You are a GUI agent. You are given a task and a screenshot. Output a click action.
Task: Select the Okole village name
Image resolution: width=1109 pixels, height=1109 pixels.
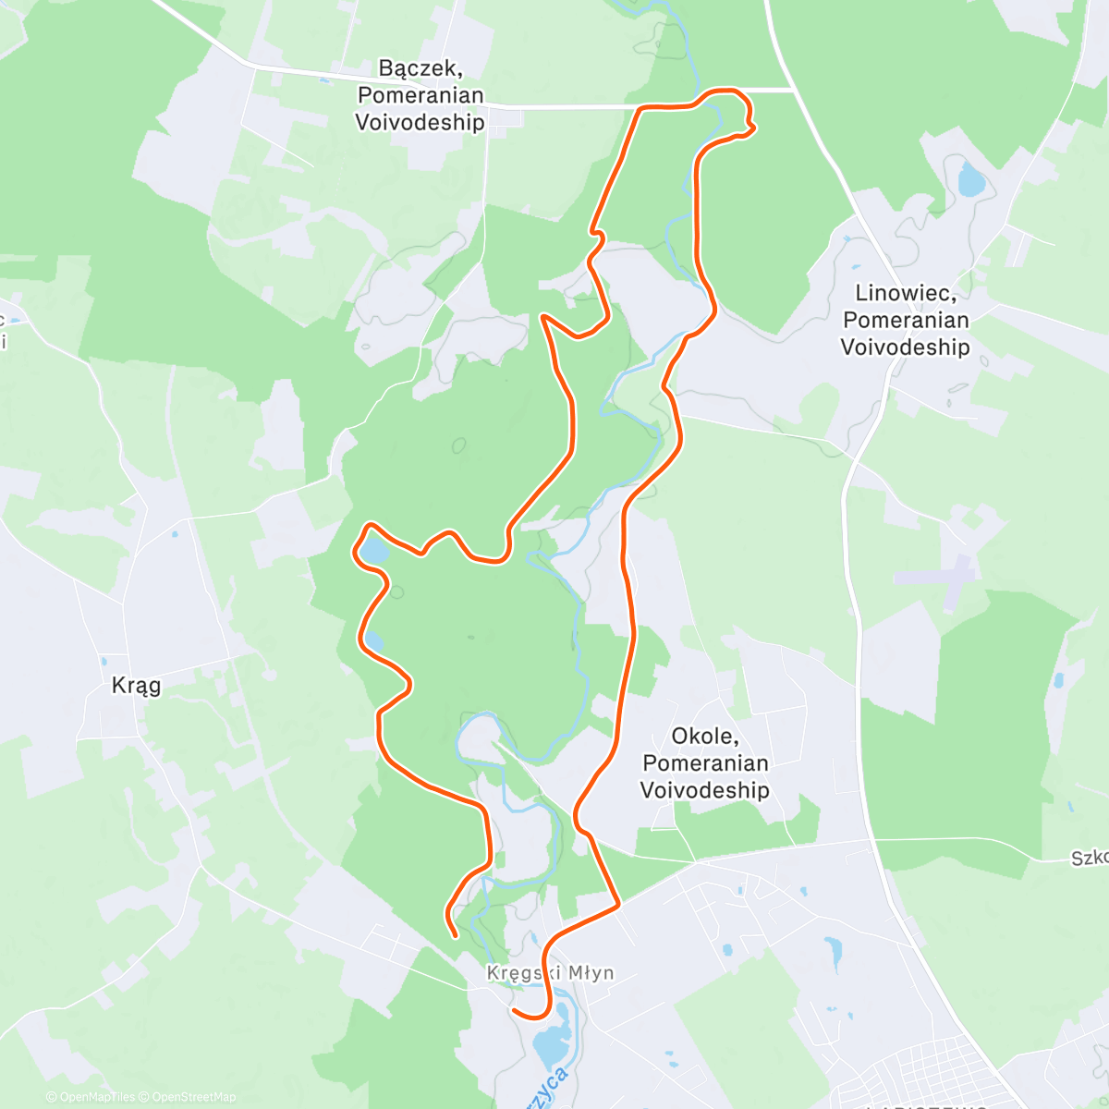(x=704, y=737)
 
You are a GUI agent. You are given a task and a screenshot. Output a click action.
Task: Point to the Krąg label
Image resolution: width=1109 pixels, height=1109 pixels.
(x=136, y=685)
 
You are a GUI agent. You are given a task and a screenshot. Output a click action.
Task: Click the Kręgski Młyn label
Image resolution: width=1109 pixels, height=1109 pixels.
(x=550, y=973)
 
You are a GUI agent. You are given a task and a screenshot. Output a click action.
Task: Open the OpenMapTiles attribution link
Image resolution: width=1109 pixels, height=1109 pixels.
(x=91, y=1097)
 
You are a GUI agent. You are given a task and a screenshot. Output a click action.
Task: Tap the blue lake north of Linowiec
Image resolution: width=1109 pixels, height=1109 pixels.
(x=971, y=179)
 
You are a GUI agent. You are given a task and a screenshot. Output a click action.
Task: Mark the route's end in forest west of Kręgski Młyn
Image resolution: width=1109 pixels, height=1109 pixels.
(x=456, y=935)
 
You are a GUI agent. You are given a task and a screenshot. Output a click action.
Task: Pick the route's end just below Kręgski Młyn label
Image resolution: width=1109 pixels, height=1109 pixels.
(x=514, y=1010)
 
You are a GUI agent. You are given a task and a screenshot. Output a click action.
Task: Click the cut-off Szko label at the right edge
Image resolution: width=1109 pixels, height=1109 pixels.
(x=1091, y=859)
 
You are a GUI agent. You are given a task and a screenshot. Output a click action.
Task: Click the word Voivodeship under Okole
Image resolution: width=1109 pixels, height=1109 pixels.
(x=704, y=790)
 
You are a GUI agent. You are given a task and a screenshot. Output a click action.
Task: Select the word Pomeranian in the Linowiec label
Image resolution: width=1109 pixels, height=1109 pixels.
(x=905, y=320)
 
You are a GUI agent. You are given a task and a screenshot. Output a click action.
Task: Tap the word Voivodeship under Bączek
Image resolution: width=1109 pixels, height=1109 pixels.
(x=420, y=122)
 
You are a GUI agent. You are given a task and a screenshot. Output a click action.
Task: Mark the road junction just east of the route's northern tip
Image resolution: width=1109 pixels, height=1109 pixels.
(x=793, y=91)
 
